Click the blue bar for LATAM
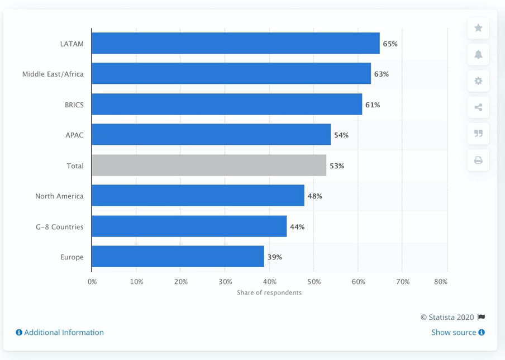point(235,44)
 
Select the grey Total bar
point(208,165)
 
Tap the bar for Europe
point(178,257)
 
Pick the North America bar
point(198,196)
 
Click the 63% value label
point(381,74)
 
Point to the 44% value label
point(297,227)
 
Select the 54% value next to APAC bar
point(341,135)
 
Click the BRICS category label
point(74,105)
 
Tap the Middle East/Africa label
point(53,74)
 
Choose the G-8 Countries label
point(59,227)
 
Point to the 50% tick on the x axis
point(314,282)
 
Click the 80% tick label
point(440,282)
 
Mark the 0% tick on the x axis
point(92,282)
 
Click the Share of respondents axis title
point(269,292)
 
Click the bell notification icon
point(478,54)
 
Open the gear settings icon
point(478,81)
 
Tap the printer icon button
point(478,160)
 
